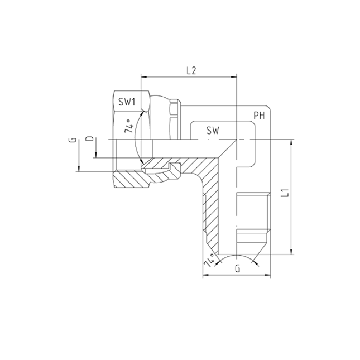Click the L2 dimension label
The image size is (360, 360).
[x=191, y=71]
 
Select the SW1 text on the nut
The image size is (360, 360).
[x=127, y=102]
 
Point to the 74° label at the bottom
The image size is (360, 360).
[x=210, y=261]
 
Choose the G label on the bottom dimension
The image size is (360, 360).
[x=238, y=268]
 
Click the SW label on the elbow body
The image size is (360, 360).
[x=212, y=131]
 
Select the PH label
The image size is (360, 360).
[x=259, y=116]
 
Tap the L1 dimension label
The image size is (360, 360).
[x=284, y=194]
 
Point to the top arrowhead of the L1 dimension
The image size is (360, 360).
[x=291, y=142]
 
